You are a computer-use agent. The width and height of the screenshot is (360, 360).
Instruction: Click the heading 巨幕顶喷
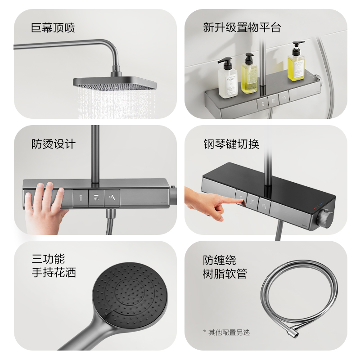[53, 27]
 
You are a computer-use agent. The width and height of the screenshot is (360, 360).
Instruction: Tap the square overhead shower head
[115, 83]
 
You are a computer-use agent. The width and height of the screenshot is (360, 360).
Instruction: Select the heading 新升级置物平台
[242, 27]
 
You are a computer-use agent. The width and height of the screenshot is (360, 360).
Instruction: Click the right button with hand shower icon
[112, 197]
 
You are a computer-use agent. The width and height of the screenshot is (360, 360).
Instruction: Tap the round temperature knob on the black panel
[325, 219]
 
